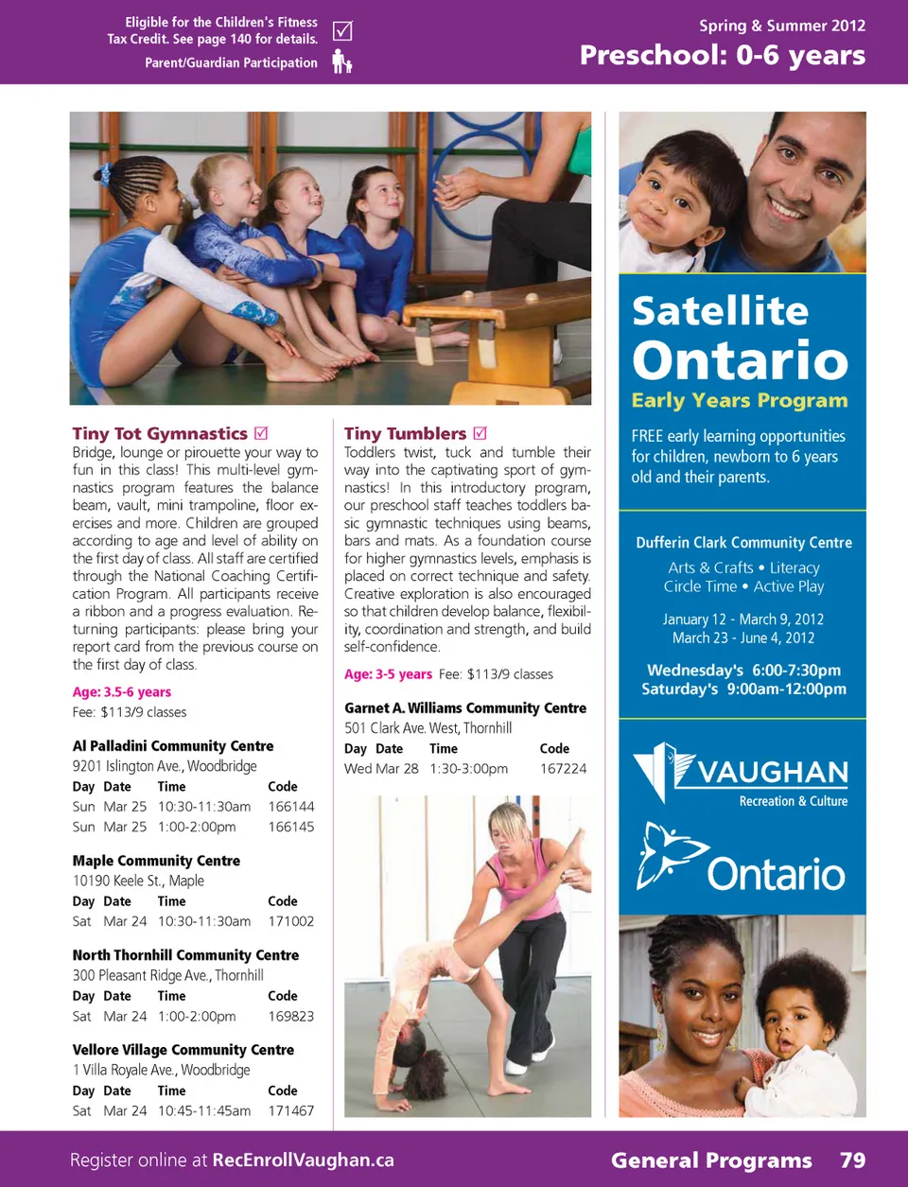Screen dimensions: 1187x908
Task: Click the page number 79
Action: [x=852, y=1161]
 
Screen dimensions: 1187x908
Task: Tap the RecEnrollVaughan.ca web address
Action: [x=303, y=1161]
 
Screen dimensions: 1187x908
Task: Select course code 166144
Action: [x=290, y=807]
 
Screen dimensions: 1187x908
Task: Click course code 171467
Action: [x=290, y=1111]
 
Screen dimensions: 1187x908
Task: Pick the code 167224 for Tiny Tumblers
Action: [x=563, y=769]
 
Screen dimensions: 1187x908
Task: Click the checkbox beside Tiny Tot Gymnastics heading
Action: [x=262, y=433]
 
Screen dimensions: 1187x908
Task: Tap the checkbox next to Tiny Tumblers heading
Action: [x=480, y=433]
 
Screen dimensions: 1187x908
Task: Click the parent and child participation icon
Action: [x=341, y=62]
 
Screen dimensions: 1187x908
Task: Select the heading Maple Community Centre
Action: [x=156, y=861]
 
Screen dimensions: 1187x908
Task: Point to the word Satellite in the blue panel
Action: [x=720, y=311]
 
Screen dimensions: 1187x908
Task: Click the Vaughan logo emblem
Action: [x=663, y=770]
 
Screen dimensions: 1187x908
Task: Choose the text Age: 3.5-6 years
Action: [x=122, y=692]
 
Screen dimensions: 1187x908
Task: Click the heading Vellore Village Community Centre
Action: [x=183, y=1050]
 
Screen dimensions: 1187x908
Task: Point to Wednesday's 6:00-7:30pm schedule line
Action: [x=743, y=670]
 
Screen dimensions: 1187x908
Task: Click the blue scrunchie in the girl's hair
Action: [x=102, y=174]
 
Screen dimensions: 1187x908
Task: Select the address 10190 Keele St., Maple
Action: [x=138, y=881]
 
